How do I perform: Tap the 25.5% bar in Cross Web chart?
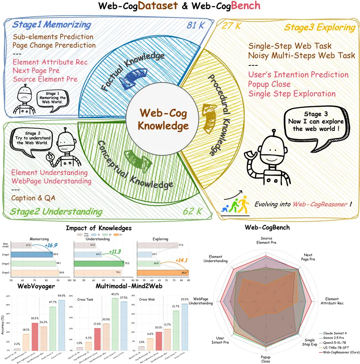tap(185, 327)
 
